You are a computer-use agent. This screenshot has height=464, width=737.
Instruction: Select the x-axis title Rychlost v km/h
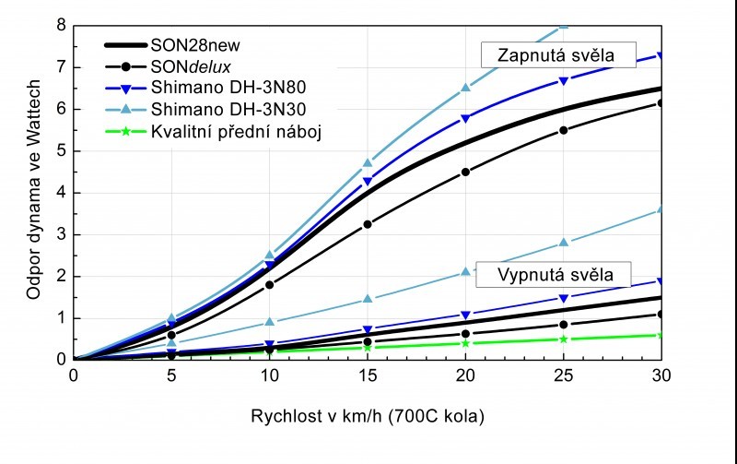(x=367, y=416)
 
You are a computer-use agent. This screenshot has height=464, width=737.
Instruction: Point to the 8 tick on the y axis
(x=61, y=25)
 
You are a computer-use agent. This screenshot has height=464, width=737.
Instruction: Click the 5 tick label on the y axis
(x=61, y=150)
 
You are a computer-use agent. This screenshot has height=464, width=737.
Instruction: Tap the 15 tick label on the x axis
(x=368, y=375)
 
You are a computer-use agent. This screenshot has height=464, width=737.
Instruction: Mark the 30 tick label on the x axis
(x=661, y=375)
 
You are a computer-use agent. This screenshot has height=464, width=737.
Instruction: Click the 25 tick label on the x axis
(x=564, y=375)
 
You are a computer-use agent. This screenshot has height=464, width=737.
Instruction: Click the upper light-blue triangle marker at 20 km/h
(x=466, y=88)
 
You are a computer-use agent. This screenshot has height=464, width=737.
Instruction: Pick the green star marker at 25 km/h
(x=564, y=339)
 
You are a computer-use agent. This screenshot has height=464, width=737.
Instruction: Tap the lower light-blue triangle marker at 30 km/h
(x=661, y=209)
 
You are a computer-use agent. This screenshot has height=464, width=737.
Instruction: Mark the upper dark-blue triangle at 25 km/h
(x=564, y=80)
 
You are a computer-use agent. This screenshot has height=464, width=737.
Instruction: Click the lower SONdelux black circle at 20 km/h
(x=466, y=334)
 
